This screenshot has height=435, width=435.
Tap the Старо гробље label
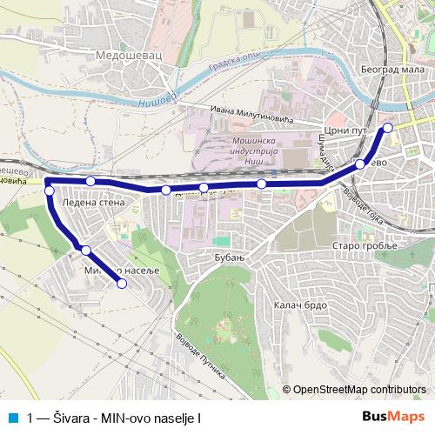(x=364, y=246)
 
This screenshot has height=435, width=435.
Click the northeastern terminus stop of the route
(x=388, y=128)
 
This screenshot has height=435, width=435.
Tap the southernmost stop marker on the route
(x=122, y=284)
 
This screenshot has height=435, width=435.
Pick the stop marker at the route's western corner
(x=50, y=191)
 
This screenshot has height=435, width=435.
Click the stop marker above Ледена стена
(x=90, y=181)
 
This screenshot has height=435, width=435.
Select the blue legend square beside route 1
(x=13, y=417)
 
